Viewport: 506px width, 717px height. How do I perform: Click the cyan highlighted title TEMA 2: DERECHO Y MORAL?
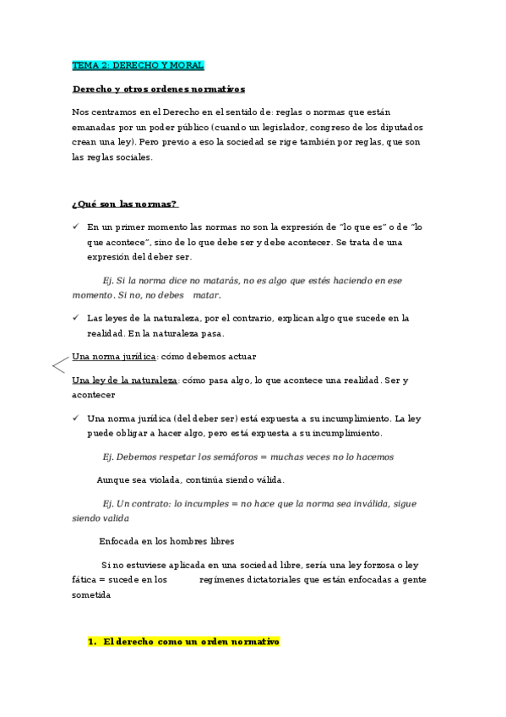[138, 65]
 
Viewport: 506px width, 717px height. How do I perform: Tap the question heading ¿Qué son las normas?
[125, 204]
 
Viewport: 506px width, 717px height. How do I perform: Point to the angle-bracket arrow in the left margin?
[60, 366]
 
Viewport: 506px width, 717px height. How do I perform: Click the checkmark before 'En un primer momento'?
[75, 227]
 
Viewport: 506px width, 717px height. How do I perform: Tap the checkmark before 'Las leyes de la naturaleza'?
[75, 318]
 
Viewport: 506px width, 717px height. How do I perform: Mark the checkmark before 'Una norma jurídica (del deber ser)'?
[75, 419]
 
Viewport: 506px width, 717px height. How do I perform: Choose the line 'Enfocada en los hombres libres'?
[166, 540]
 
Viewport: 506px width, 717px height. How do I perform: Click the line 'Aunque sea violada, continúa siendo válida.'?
[190, 479]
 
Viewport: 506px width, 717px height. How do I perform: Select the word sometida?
[91, 594]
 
